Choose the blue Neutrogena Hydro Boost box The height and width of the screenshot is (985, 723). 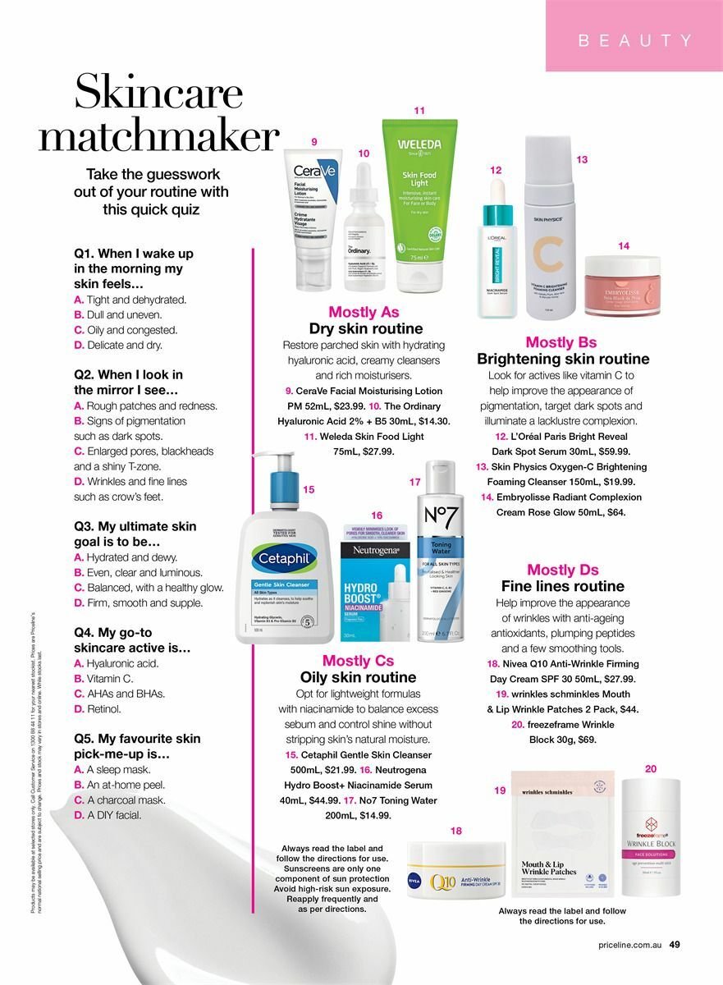click(x=376, y=584)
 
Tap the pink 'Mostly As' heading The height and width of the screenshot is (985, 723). click(x=364, y=312)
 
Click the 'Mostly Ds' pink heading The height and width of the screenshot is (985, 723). click(x=562, y=570)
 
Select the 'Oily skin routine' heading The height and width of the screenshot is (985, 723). click(x=358, y=677)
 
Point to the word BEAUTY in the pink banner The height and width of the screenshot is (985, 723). click(x=635, y=40)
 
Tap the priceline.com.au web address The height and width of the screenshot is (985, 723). click(x=629, y=945)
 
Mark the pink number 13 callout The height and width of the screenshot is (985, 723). click(x=582, y=159)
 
